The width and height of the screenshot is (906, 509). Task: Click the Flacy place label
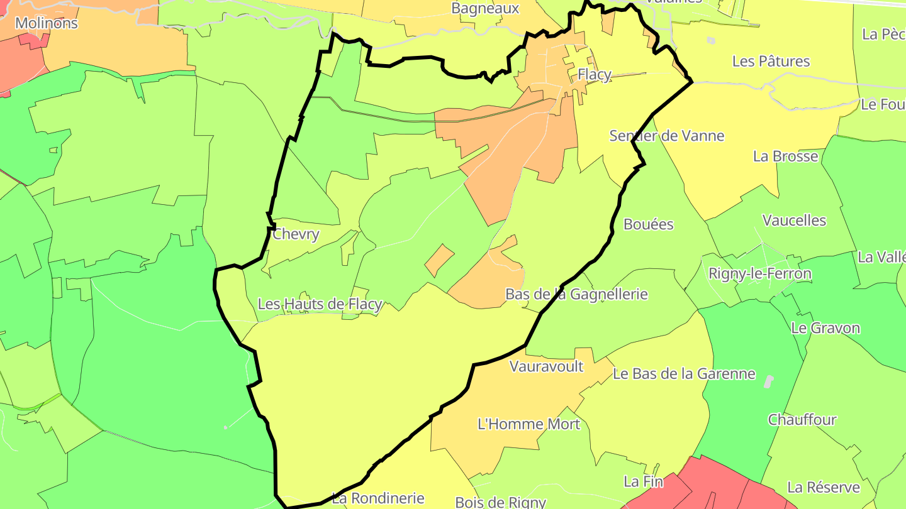[x=594, y=75]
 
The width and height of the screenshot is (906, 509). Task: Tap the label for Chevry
[x=296, y=234]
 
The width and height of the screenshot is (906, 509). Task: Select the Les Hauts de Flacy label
[x=320, y=304]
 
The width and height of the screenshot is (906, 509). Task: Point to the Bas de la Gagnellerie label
[x=576, y=294]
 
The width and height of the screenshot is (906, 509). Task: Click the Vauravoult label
[x=546, y=366]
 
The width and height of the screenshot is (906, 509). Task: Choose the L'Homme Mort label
[x=528, y=424]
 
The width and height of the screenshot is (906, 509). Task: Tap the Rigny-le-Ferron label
[x=759, y=274]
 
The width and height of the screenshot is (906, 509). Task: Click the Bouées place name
[x=648, y=224]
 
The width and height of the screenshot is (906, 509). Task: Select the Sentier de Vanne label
[x=666, y=136]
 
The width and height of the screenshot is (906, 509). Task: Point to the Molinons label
[x=47, y=23]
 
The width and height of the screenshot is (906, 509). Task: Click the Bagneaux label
[x=485, y=8]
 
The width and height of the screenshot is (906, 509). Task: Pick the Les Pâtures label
[x=771, y=62]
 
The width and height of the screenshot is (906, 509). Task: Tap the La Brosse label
[x=785, y=156]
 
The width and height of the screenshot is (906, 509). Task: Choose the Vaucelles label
[x=794, y=221]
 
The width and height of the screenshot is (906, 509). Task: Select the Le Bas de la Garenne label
[x=683, y=374]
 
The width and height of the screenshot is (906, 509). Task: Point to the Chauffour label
[x=802, y=420]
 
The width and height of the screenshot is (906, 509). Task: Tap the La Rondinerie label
[x=377, y=498]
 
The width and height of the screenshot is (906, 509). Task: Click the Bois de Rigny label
[x=500, y=502]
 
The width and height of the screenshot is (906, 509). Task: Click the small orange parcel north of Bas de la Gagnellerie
[x=439, y=260]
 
